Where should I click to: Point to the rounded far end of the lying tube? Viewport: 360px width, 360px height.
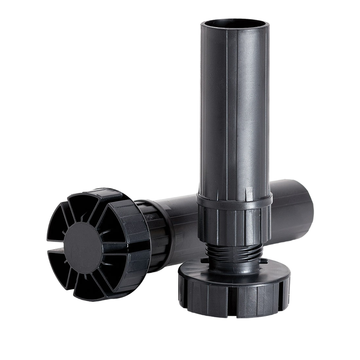(308, 205)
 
